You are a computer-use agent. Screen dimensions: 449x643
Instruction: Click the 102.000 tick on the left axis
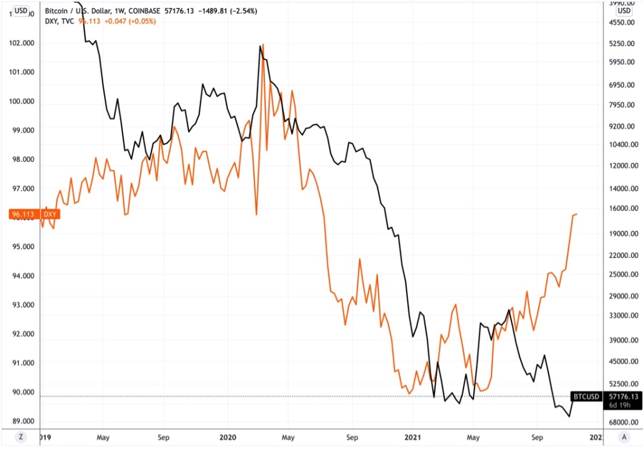click(21, 43)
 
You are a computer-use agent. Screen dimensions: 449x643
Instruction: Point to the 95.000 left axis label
click(21, 247)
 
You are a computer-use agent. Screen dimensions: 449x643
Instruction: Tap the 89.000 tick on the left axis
click(21, 421)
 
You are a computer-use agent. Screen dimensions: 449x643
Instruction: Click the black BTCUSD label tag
click(586, 397)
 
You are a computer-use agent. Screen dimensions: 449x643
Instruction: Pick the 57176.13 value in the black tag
click(624, 397)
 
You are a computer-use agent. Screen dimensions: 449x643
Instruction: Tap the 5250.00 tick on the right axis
click(623, 44)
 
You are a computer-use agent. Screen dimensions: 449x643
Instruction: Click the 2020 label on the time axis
click(228, 436)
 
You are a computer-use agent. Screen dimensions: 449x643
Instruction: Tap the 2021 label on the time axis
click(412, 436)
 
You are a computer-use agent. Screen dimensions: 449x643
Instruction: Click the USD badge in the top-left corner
click(20, 10)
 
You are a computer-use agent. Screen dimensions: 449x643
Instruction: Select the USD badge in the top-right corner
click(624, 10)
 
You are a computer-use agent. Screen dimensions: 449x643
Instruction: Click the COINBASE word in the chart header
click(144, 10)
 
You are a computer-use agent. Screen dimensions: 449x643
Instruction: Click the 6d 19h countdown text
click(624, 406)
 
